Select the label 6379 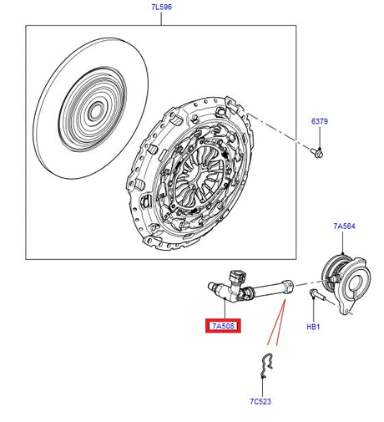click(320, 122)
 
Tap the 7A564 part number click(344, 226)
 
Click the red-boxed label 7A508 click(224, 325)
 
